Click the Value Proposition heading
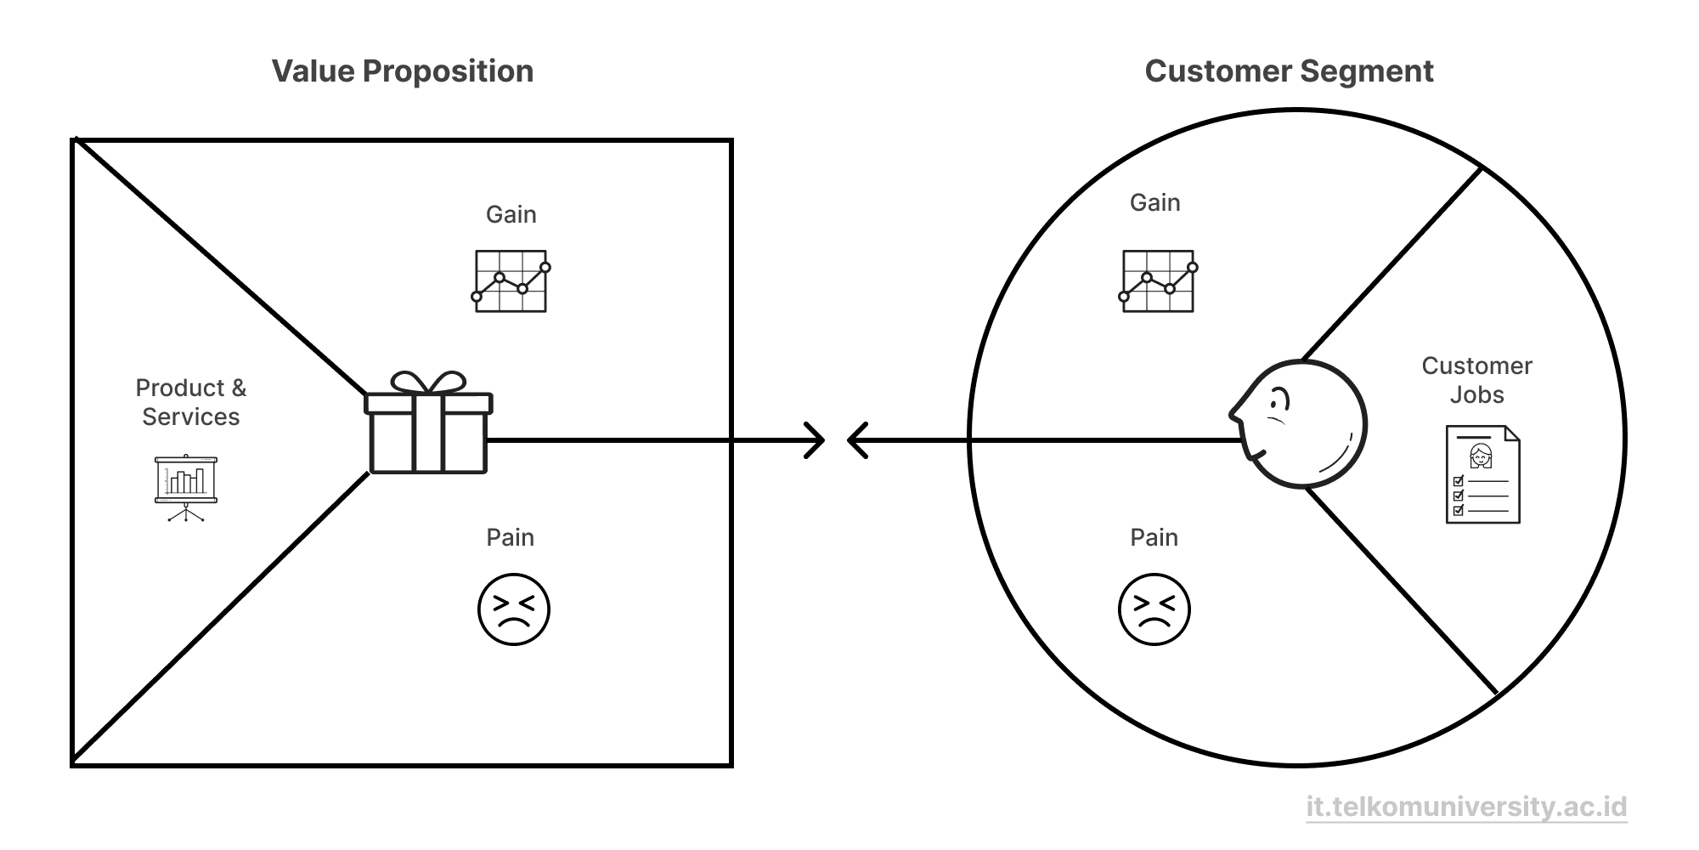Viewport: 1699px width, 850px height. pyautogui.click(x=403, y=71)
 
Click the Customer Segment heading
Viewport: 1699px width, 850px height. pyautogui.click(x=1289, y=71)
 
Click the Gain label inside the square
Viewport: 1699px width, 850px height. pyautogui.click(x=511, y=214)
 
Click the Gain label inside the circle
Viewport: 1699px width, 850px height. pyautogui.click(x=1154, y=202)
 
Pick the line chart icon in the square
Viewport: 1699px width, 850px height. pyautogui.click(x=511, y=281)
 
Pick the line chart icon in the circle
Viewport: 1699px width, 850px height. pyautogui.click(x=1158, y=281)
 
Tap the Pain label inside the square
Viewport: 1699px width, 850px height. pyautogui.click(x=510, y=537)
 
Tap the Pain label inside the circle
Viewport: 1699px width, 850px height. pyautogui.click(x=1154, y=537)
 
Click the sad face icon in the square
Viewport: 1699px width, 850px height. pyautogui.click(x=513, y=609)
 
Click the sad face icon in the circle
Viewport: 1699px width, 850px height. pyautogui.click(x=1154, y=609)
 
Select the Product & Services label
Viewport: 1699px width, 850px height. pyautogui.click(x=191, y=402)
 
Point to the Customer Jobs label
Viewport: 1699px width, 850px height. pyautogui.click(x=1476, y=380)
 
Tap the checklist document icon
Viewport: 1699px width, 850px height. pyautogui.click(x=1482, y=474)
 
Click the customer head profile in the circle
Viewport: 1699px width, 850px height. pyautogui.click(x=1300, y=424)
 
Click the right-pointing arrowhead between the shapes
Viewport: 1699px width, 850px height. pyautogui.click(x=815, y=440)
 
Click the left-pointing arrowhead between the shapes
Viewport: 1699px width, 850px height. pyautogui.click(x=857, y=440)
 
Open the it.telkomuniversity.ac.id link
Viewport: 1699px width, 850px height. pyautogui.click(x=1466, y=807)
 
